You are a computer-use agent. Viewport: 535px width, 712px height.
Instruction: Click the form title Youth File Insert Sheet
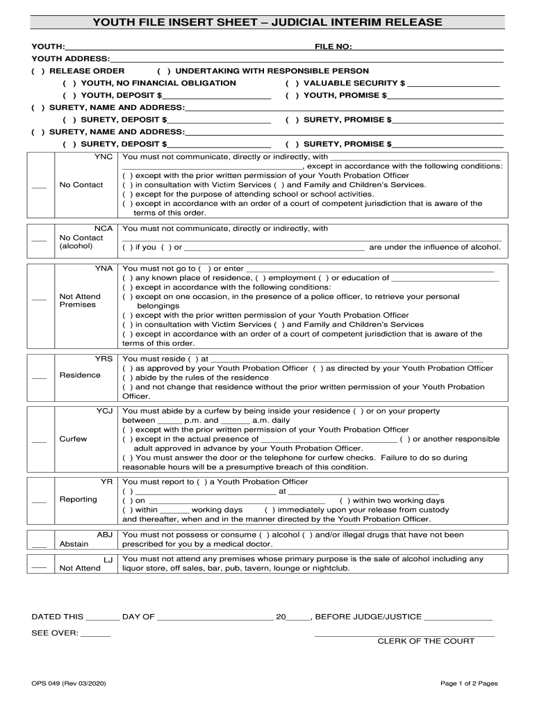[267, 22]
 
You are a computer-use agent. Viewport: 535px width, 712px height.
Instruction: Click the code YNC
[103, 157]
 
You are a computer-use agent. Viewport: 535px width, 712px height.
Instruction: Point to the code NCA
[103, 229]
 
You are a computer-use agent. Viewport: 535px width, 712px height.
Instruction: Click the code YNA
[103, 268]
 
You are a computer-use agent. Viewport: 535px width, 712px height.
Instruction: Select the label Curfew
[73, 439]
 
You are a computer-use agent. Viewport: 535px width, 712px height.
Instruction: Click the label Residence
[80, 375]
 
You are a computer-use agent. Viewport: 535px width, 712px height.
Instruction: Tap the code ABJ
[104, 535]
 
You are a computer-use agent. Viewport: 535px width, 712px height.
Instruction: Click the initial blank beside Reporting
[39, 501]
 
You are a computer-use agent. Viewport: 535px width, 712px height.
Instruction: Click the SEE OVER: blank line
[96, 634]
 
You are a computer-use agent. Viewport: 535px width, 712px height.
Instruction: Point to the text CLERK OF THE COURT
[426, 641]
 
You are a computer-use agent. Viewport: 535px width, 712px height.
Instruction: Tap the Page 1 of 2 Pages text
[469, 683]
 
